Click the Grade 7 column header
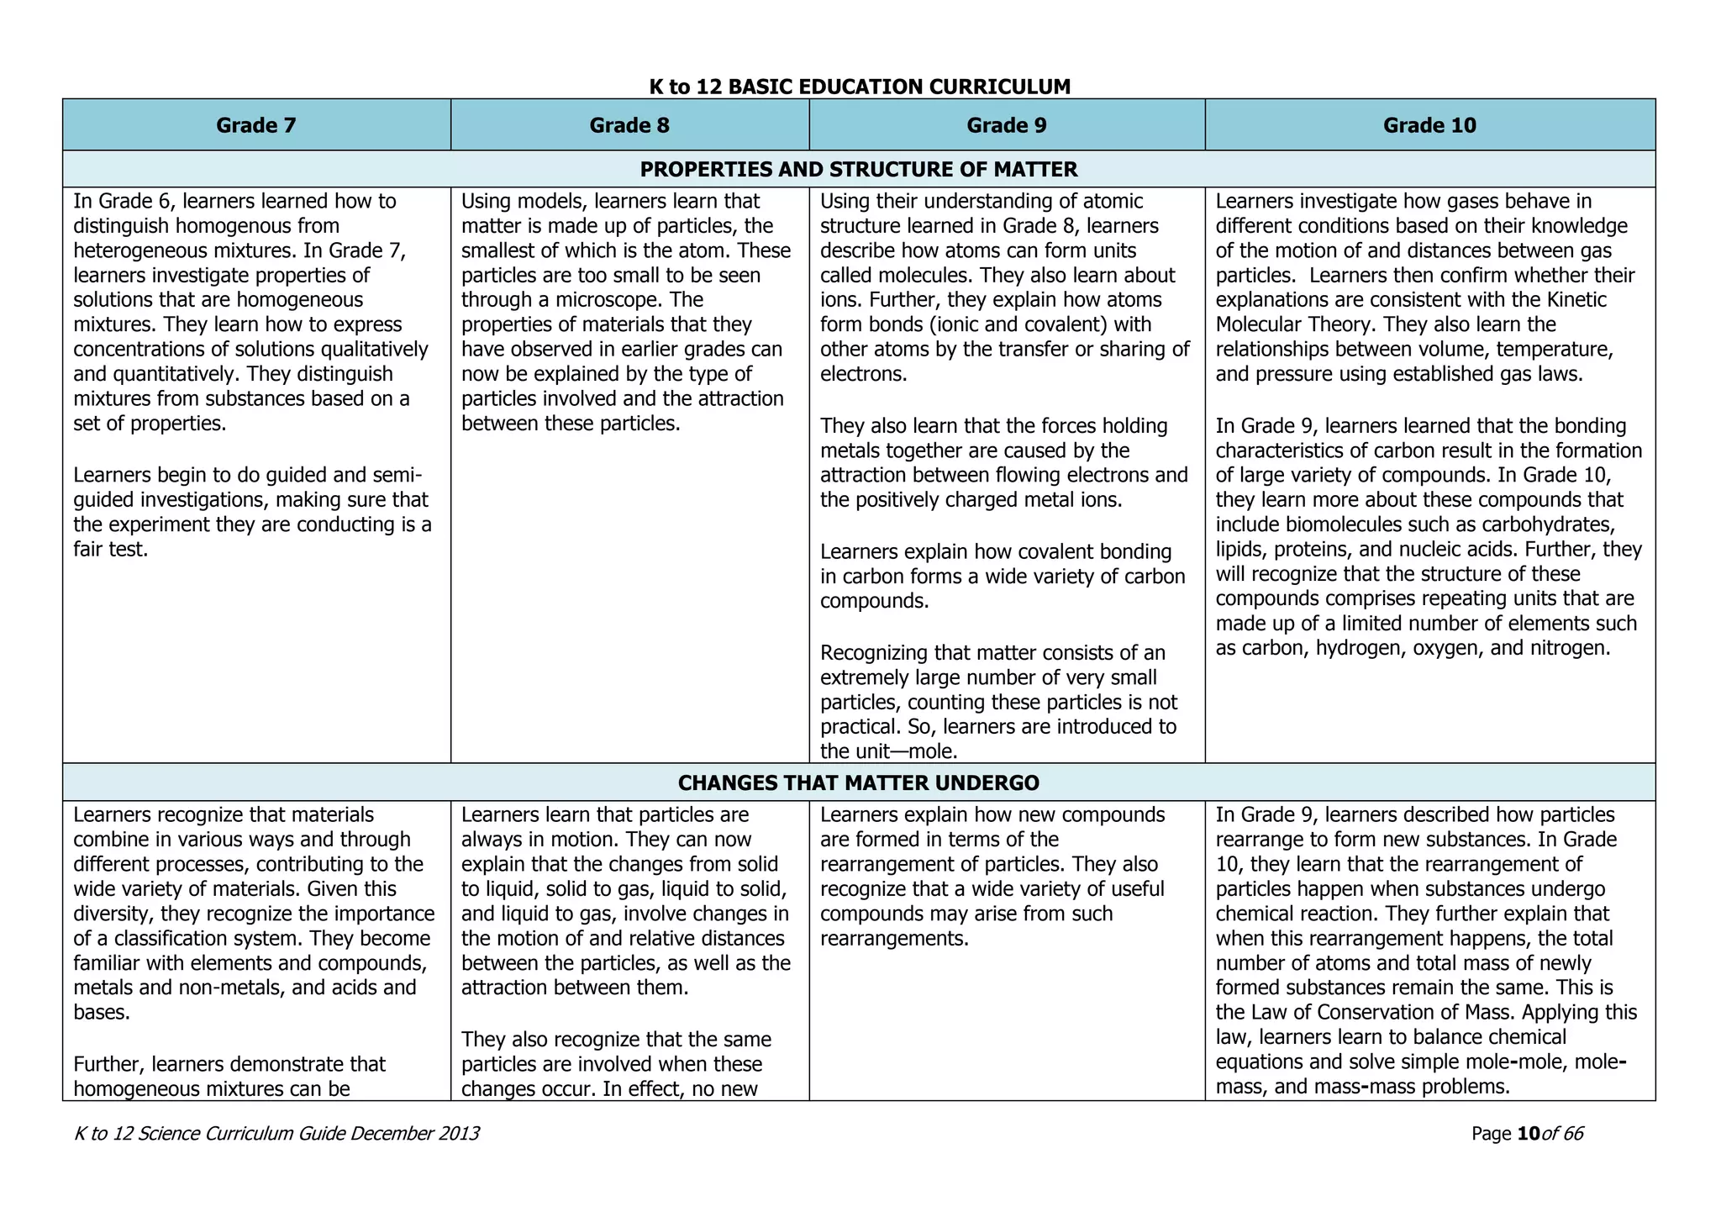pos(256,125)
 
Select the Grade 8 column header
pos(629,125)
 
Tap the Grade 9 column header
pos(1007,125)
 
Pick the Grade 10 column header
pos(1429,125)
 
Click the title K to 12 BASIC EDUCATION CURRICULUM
pos(860,87)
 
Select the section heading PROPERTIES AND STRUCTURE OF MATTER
pos(858,170)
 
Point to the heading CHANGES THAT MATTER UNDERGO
pos(858,783)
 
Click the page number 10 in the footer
pos(1528,1134)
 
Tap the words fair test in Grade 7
pos(111,550)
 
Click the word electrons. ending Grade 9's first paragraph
pos(863,374)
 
